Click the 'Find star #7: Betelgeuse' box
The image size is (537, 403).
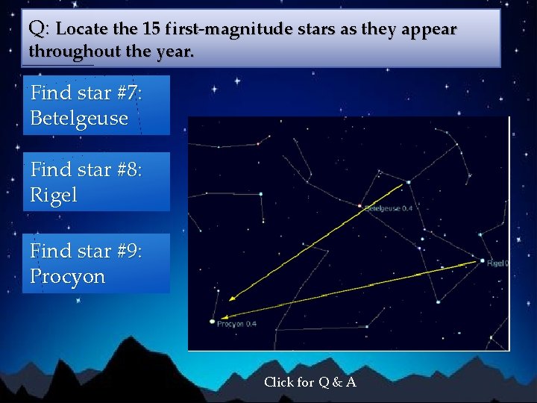click(96, 105)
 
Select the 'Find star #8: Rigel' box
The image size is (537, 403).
click(96, 182)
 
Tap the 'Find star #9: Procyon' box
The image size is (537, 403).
click(96, 263)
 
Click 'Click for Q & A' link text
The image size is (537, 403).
click(310, 382)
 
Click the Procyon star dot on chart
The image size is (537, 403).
click(212, 322)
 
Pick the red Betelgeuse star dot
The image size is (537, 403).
click(360, 206)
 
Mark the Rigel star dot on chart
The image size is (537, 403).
click(480, 261)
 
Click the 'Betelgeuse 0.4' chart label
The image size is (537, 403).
click(389, 208)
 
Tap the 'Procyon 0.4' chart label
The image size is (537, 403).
click(237, 324)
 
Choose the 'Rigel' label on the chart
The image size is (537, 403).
click(497, 263)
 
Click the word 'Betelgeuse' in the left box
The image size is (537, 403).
click(79, 119)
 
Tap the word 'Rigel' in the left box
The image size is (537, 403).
click(54, 196)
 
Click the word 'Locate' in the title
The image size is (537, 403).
click(81, 30)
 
